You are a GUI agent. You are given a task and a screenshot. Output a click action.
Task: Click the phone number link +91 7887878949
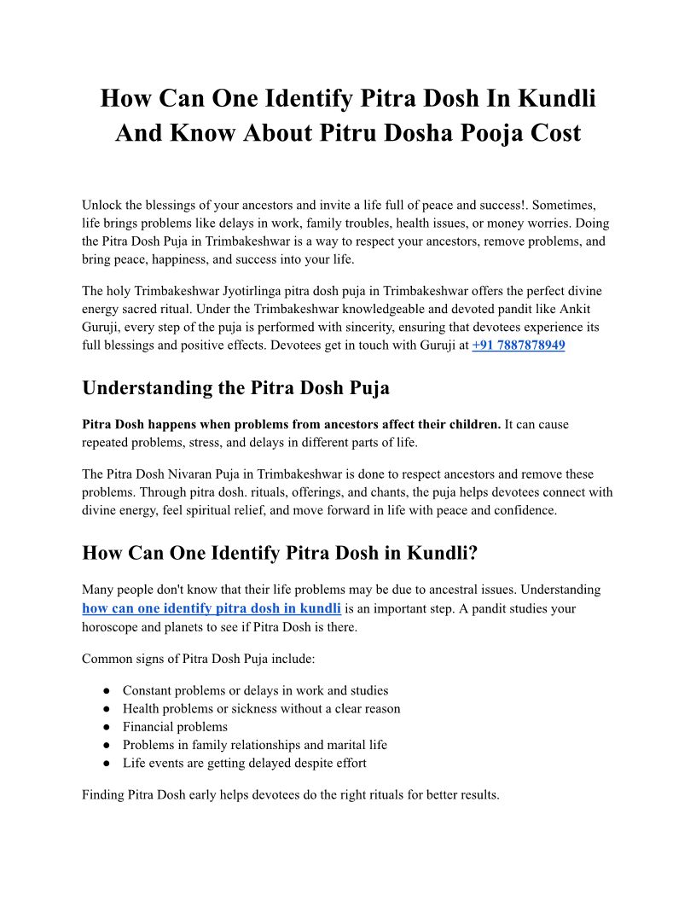pos(518,346)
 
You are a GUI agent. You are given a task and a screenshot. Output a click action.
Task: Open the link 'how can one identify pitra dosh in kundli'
pos(212,608)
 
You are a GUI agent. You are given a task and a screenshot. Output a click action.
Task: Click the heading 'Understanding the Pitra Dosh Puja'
pos(235,387)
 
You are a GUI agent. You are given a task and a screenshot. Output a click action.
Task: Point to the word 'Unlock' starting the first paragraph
pos(102,205)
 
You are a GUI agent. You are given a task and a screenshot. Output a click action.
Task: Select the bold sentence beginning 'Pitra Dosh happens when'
pos(291,424)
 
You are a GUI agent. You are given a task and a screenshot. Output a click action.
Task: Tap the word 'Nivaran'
pos(200,474)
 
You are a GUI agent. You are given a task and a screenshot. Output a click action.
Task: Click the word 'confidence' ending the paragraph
pos(525,510)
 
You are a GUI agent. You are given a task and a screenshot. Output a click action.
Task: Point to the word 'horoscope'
pos(111,626)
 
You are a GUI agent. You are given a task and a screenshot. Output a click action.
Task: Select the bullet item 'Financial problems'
pos(175,727)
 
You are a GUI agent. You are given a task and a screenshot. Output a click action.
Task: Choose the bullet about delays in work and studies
pos(255,690)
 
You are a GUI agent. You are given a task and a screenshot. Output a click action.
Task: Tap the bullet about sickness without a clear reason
pos(261,708)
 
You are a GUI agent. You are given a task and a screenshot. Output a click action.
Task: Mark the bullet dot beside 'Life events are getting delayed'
pos(107,764)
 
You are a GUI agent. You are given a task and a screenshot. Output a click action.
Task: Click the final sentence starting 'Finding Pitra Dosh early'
pos(290,795)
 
